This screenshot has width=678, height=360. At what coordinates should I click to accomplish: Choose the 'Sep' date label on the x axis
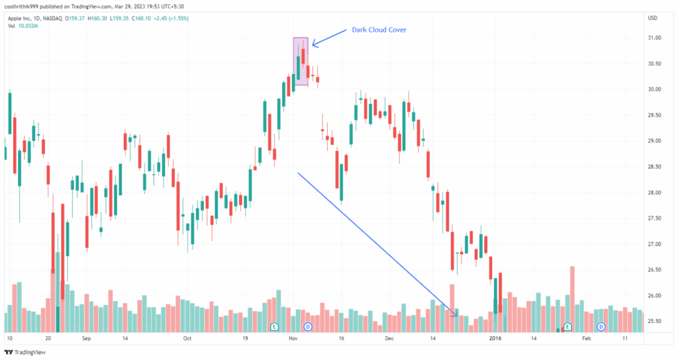coord(85,338)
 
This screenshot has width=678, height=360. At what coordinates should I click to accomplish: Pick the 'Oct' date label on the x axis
coord(187,338)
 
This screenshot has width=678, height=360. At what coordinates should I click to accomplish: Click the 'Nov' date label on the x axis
coord(293,338)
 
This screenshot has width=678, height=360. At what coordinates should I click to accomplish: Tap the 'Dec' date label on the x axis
coord(389,338)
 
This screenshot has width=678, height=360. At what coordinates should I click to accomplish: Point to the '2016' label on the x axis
coord(495,338)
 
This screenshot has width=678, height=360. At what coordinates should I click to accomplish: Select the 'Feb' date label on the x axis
coord(585,338)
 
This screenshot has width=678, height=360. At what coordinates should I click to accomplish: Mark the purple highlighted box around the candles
coord(301,61)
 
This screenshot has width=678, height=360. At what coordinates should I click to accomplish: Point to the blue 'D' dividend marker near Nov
coord(307,327)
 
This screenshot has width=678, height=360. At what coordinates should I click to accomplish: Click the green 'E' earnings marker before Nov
coord(274,327)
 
